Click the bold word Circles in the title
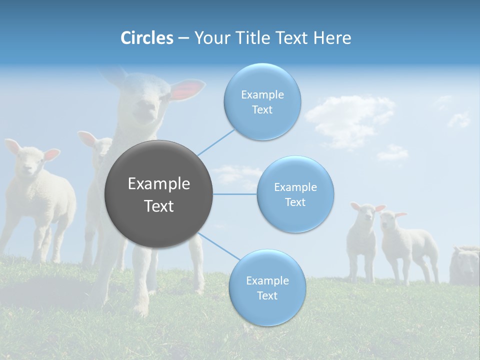146,38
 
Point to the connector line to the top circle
216,142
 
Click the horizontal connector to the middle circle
235,194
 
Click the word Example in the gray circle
159,184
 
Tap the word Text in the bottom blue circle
267,295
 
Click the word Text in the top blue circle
262,110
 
